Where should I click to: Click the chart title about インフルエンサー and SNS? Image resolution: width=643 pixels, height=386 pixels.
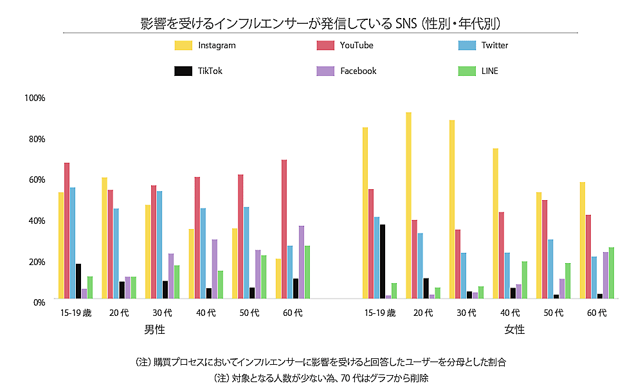[321, 24]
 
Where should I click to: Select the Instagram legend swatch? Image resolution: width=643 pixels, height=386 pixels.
[183, 46]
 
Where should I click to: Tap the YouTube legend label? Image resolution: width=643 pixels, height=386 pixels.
[357, 46]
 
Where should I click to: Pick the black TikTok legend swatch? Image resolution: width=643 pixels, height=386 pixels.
[183, 71]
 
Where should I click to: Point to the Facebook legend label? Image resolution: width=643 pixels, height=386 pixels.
[358, 71]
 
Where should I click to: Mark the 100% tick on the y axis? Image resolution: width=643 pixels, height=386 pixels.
[34, 98]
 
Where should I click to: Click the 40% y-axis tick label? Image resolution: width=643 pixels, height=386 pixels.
[35, 221]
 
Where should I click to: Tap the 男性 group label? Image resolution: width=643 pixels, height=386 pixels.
[154, 329]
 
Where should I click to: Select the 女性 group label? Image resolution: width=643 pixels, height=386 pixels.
[514, 329]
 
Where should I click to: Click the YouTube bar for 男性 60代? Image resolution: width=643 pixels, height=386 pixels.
[284, 229]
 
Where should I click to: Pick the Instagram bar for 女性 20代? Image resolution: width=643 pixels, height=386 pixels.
[409, 205]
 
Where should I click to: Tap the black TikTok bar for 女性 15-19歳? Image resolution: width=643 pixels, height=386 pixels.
[383, 261]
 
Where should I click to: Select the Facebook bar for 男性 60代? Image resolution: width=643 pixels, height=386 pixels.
[302, 262]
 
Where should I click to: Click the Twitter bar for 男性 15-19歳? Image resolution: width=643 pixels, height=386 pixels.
[73, 243]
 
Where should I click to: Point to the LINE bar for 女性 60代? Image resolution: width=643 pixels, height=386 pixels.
[611, 273]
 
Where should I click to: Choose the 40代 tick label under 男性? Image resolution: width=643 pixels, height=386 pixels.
[206, 313]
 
